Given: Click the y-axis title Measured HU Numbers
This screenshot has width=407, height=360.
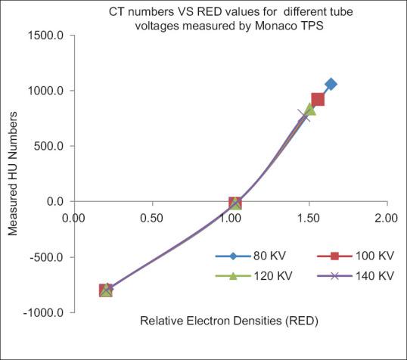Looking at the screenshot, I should coord(13,174).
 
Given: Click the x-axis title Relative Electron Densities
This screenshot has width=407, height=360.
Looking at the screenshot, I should coord(229,321).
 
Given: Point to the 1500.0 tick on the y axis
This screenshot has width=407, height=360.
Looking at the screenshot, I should coord(48,35).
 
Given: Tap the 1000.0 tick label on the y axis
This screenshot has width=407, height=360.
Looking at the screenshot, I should coord(48,91).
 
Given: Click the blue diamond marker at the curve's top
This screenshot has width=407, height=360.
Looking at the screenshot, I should coord(331,84).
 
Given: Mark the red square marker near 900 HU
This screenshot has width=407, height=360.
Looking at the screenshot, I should coord(318,99).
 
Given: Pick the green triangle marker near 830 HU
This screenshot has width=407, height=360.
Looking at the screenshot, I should coord(310,110).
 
